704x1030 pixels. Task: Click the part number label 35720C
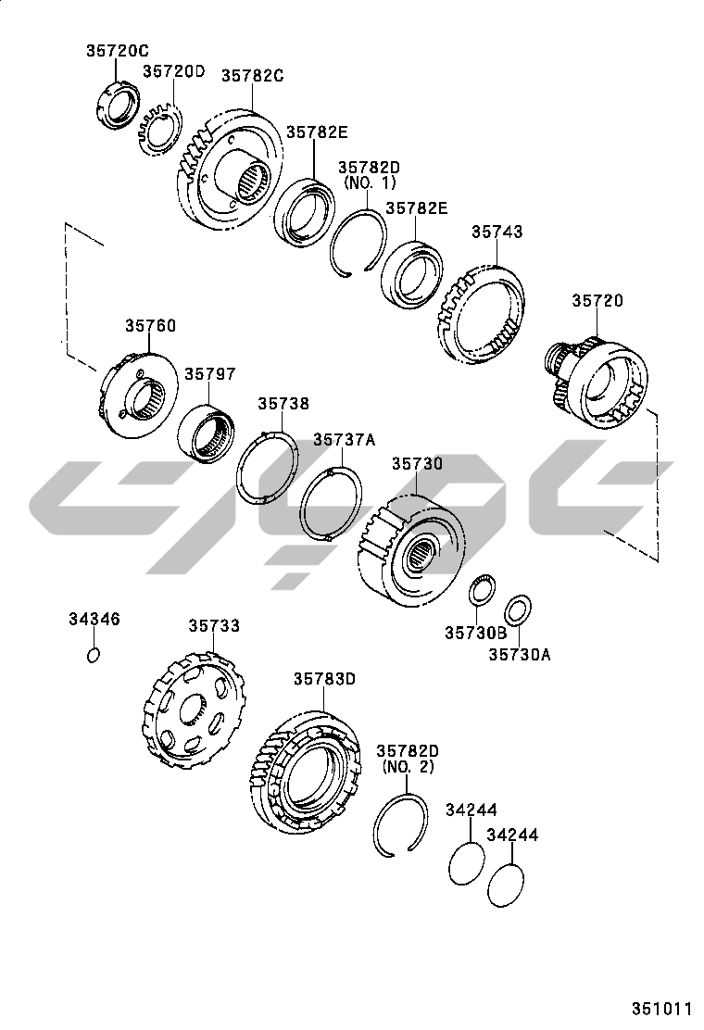point(118,51)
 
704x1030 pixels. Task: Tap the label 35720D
point(174,71)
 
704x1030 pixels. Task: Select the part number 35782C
point(252,76)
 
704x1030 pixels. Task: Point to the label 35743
point(497,232)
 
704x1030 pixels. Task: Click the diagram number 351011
point(662,1009)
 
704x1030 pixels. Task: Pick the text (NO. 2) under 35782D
point(408,767)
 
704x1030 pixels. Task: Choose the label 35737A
point(344,439)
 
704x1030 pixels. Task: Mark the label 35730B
point(476,633)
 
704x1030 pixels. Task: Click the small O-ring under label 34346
point(94,654)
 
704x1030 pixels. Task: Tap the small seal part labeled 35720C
point(118,103)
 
